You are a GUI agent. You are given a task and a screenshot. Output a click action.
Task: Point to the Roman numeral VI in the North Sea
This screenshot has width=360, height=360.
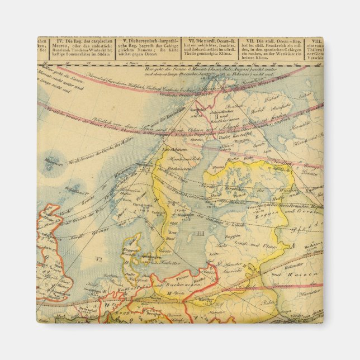(98, 259)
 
